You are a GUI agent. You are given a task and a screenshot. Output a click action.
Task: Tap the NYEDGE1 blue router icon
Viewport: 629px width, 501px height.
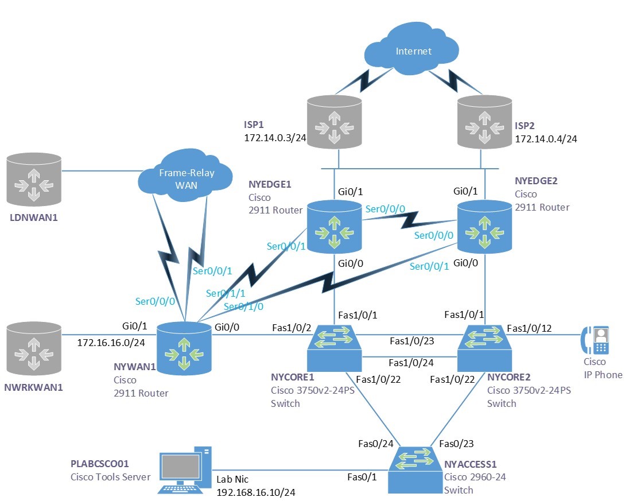pyautogui.click(x=333, y=227)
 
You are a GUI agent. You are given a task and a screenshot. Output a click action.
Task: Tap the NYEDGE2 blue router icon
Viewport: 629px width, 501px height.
pyautogui.click(x=484, y=227)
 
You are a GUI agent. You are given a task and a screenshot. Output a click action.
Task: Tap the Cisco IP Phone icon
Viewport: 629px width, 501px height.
pyautogui.click(x=595, y=340)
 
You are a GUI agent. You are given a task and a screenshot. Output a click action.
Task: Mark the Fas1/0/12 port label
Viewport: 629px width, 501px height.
pyautogui.click(x=529, y=328)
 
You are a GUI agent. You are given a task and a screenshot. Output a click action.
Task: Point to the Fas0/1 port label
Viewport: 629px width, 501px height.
pyautogui.click(x=362, y=477)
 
